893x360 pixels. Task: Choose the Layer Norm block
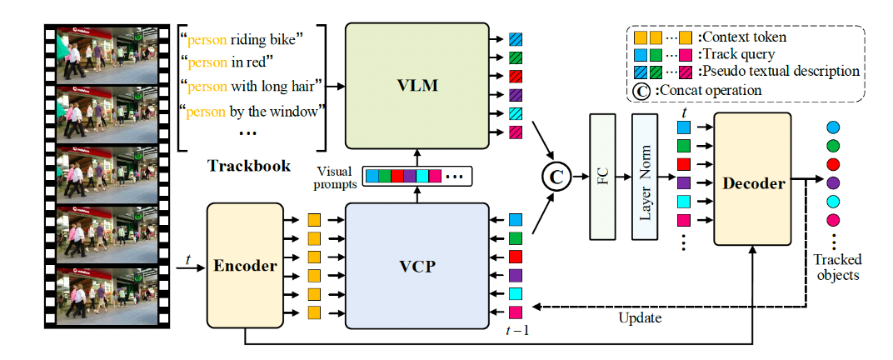point(645,177)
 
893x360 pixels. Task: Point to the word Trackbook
point(249,166)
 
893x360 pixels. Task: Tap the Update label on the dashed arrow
point(640,318)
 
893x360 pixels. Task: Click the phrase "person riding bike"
point(250,38)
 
